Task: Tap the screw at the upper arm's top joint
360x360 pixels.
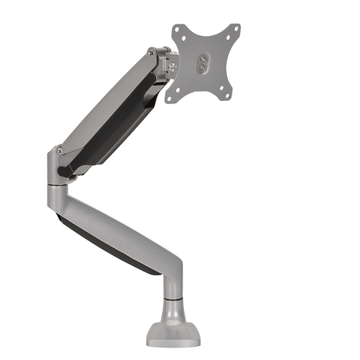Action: pyautogui.click(x=151, y=53)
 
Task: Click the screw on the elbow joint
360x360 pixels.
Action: pyautogui.click(x=59, y=149)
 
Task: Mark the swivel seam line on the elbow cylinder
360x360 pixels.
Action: pyautogui.click(x=59, y=185)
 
